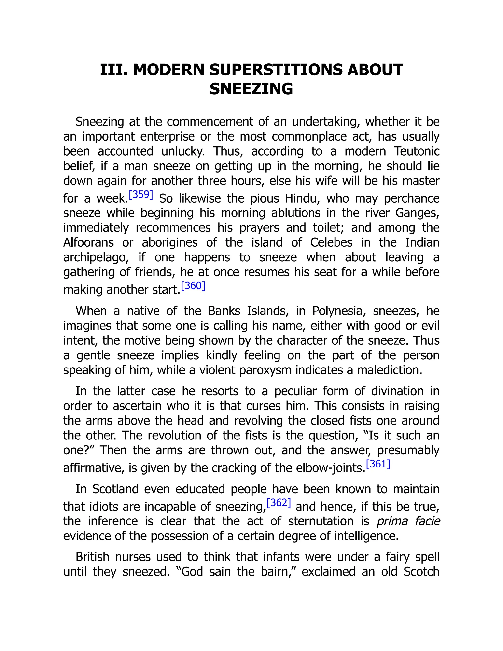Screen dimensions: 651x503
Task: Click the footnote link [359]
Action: [x=141, y=195]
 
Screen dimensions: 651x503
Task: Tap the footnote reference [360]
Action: [x=193, y=286]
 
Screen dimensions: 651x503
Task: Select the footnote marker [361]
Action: [x=378, y=464]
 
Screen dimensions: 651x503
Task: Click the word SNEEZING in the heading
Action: [x=251, y=89]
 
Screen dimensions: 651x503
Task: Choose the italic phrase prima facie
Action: [x=408, y=521]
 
